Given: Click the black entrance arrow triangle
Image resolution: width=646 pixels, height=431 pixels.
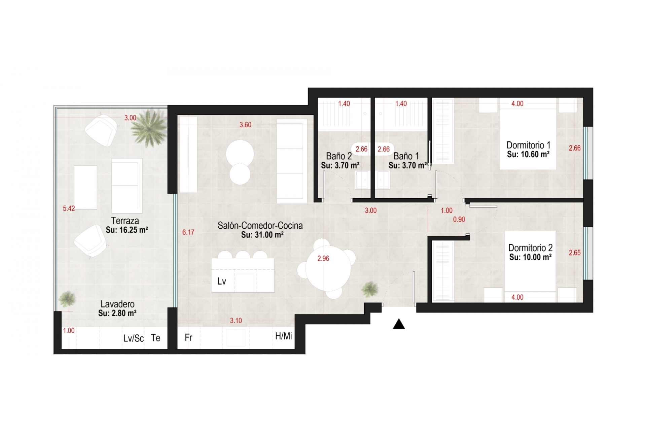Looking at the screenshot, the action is [x=399, y=324].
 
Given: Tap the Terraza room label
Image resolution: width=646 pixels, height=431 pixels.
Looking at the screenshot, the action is [x=125, y=221].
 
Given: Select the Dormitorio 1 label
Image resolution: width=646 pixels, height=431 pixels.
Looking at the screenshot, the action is [x=528, y=145].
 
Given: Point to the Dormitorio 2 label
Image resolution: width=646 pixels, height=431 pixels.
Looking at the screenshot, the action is [x=530, y=248].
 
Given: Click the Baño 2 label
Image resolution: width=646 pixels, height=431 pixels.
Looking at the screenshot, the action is [x=339, y=156].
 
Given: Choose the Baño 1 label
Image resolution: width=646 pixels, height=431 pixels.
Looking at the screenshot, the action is [x=406, y=156].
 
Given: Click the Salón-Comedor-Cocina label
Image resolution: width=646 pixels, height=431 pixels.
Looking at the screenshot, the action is [x=260, y=226].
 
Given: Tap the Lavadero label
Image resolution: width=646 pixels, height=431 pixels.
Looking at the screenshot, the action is [x=117, y=304].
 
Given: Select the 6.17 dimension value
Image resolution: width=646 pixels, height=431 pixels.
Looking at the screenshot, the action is [x=188, y=232].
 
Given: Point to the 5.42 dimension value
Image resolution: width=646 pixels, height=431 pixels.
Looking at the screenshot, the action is [x=69, y=208].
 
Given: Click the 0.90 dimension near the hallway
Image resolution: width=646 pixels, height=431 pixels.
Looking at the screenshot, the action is [x=459, y=220].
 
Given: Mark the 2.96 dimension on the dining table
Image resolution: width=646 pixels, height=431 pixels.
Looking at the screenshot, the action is [x=323, y=259].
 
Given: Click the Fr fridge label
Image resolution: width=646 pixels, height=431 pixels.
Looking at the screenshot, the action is [x=188, y=337].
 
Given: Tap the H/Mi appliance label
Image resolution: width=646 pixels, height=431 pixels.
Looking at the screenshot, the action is [x=283, y=336].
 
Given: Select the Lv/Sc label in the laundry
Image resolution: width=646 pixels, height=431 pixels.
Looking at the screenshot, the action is [x=134, y=338].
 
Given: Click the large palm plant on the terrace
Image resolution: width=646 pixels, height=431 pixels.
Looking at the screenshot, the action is [x=149, y=128].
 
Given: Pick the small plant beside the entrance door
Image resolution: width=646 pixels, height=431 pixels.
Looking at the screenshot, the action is [x=370, y=289].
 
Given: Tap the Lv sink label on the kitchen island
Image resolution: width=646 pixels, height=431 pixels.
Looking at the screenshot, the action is [x=221, y=281].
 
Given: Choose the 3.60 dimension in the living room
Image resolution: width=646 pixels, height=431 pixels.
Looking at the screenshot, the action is [x=245, y=125].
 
